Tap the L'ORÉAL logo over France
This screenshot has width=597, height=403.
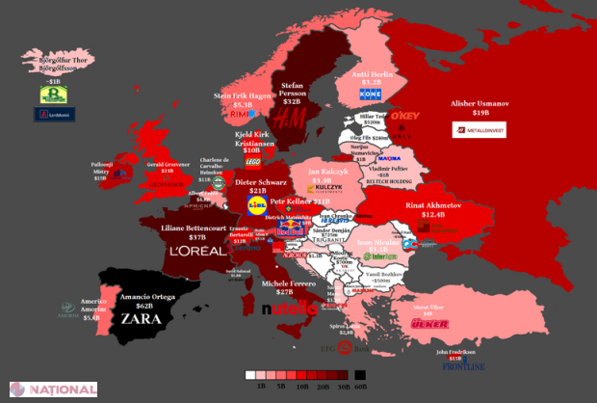(x=196, y=251)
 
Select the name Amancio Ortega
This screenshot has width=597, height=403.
(x=148, y=297)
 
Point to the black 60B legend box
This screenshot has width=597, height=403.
(x=359, y=375)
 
